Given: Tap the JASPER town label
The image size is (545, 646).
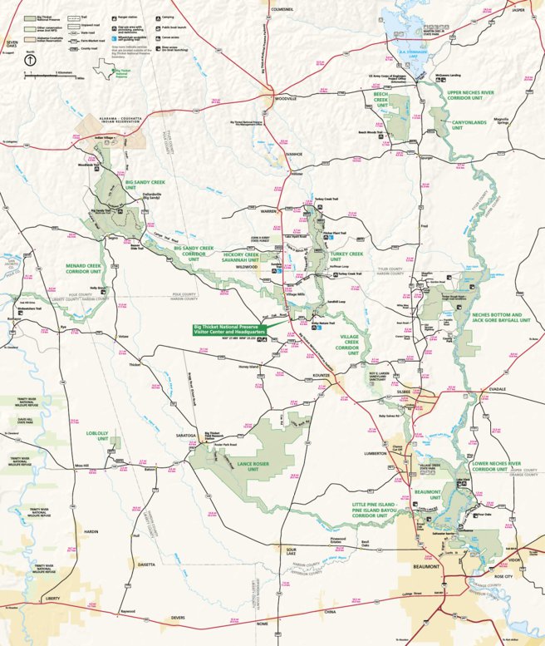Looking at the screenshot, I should [x=519, y=10].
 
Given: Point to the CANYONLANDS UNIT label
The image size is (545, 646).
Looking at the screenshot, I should [x=467, y=125].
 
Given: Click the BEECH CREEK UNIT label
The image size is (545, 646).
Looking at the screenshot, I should [x=381, y=99].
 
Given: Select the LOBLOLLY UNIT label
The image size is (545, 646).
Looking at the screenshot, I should [x=97, y=435].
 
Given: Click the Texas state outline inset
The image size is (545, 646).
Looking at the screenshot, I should [x=99, y=72].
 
